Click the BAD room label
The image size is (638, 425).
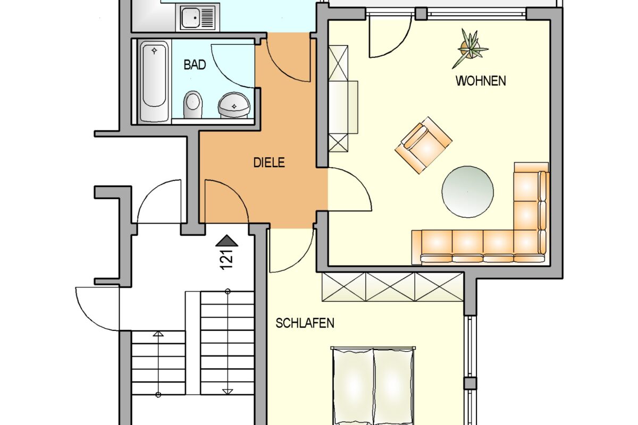tap(195, 65)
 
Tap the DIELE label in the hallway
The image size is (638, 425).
tap(268, 163)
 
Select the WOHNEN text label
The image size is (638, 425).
tap(481, 81)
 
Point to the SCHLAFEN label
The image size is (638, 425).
tap(305, 323)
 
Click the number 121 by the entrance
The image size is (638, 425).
tap(227, 260)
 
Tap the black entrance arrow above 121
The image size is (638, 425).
tap(227, 241)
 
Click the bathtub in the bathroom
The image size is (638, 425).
tap(155, 82)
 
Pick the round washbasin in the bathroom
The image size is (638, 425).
tap(233, 105)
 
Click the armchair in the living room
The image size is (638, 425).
tap(423, 144)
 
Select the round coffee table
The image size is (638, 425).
tap(467, 192)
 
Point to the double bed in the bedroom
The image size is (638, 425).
tap(373, 385)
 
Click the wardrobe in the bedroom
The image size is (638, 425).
tap(393, 287)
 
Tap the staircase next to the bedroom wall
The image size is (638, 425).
tap(227, 343)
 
